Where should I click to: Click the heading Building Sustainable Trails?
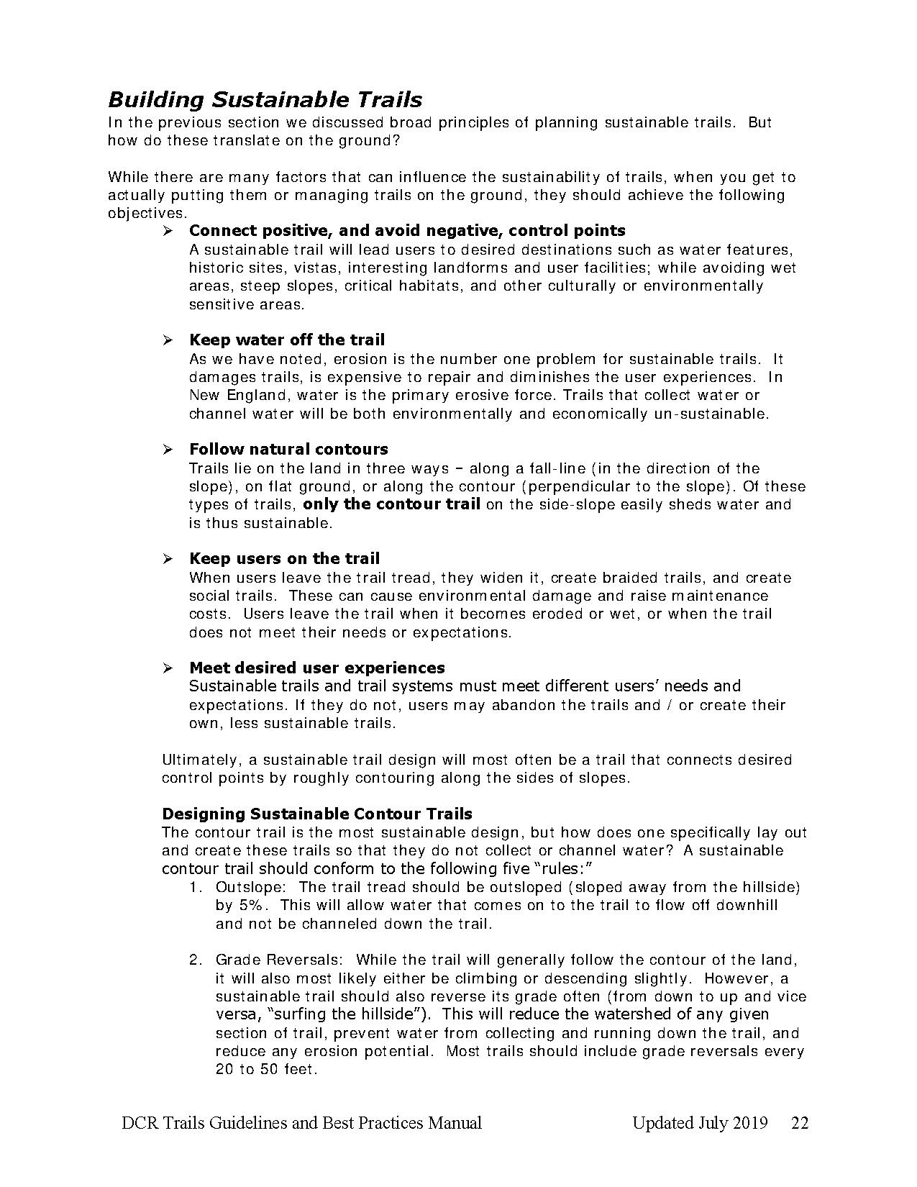pyautogui.click(x=265, y=99)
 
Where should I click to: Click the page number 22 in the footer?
pyautogui.click(x=800, y=1123)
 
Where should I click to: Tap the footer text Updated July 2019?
pyautogui.click(x=700, y=1123)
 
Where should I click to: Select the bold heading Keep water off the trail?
pyautogui.click(x=286, y=340)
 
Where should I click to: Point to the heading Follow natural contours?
pyautogui.click(x=288, y=449)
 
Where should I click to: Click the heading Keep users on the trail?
pyautogui.click(x=284, y=558)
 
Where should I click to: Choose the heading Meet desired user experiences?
pyautogui.click(x=316, y=668)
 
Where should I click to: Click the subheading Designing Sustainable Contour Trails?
pyautogui.click(x=317, y=814)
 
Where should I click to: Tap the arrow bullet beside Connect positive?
pyautogui.click(x=168, y=231)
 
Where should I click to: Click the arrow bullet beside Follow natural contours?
pyautogui.click(x=168, y=450)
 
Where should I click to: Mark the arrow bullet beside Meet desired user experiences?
pyautogui.click(x=168, y=668)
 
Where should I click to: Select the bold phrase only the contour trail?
pyautogui.click(x=391, y=504)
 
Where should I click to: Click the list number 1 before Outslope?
pyautogui.click(x=194, y=887)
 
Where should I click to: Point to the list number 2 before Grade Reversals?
pyautogui.click(x=194, y=960)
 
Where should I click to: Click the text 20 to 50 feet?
pyautogui.click(x=265, y=1069)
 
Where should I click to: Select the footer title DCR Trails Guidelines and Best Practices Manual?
pyautogui.click(x=301, y=1123)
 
